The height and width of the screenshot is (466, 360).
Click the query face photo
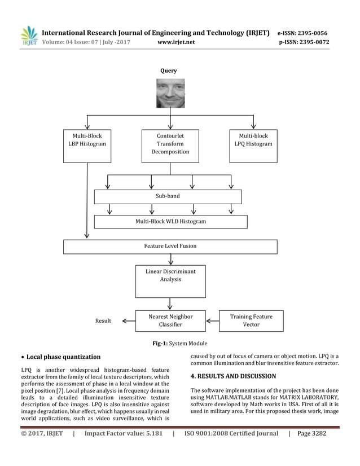(x=170, y=93)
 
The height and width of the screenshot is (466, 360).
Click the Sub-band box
(x=168, y=196)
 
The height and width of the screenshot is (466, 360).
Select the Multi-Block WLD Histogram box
(x=170, y=222)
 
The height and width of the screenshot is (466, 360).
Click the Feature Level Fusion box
(x=170, y=247)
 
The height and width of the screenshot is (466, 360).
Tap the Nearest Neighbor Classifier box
(x=170, y=320)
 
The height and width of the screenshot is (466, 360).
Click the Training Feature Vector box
(x=251, y=320)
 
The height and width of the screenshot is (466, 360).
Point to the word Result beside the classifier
(x=103, y=321)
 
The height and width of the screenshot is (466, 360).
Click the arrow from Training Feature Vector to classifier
(x=212, y=321)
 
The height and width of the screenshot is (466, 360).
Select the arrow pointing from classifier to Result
(x=129, y=321)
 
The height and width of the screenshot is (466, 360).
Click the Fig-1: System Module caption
(x=179, y=344)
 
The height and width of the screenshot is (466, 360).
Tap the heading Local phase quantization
(x=63, y=357)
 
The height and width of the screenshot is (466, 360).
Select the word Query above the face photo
(x=168, y=71)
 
